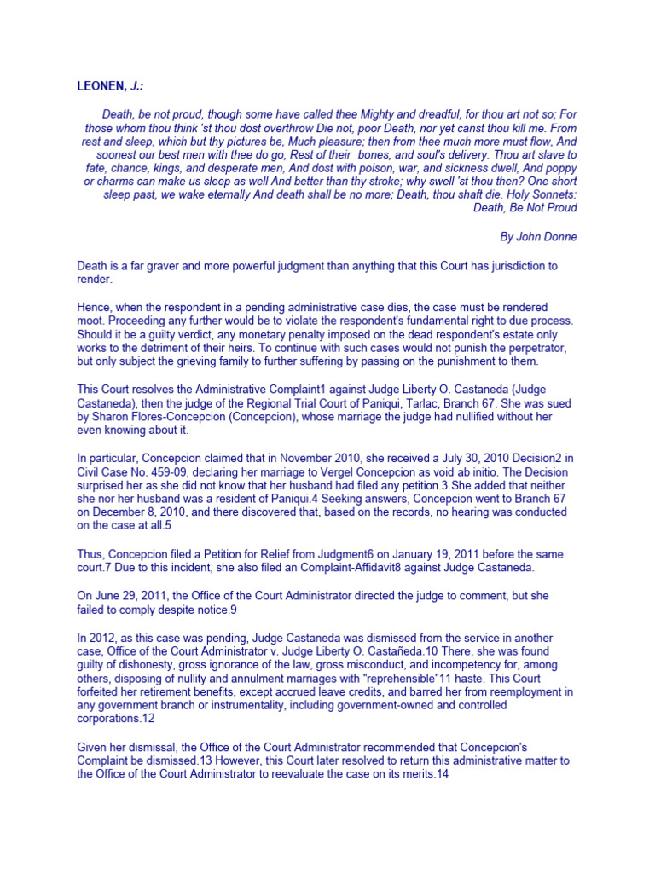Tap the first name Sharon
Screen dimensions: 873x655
point(111,417)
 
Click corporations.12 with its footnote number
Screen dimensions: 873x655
point(118,720)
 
